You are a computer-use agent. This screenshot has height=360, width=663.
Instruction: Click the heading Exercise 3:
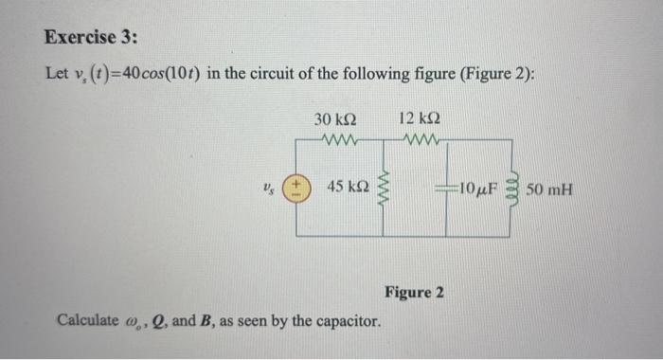coord(91,38)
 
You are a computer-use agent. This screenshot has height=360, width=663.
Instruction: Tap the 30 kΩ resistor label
coord(334,120)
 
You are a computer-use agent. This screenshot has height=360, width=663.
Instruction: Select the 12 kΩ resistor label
coord(420,120)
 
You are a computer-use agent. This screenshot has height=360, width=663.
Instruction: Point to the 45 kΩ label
coord(348,188)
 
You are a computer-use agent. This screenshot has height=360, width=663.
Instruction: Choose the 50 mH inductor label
coord(550,188)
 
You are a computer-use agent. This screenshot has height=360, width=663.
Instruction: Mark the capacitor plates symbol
coord(446,188)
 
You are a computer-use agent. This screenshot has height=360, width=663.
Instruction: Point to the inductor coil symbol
coord(515,187)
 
